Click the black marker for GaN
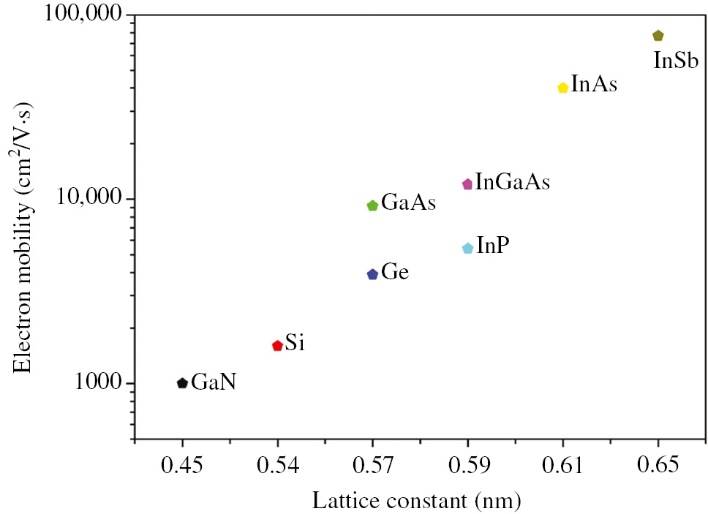point(182,383)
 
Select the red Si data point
point(277,345)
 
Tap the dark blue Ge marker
point(372,274)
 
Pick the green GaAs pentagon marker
point(372,205)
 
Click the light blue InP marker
point(468,249)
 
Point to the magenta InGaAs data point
point(467,184)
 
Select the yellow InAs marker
point(562,88)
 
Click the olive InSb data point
point(658,36)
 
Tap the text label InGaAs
point(512,182)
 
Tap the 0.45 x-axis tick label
point(182,465)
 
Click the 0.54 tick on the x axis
point(277,465)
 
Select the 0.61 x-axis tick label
point(562,465)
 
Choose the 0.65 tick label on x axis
point(658,465)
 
